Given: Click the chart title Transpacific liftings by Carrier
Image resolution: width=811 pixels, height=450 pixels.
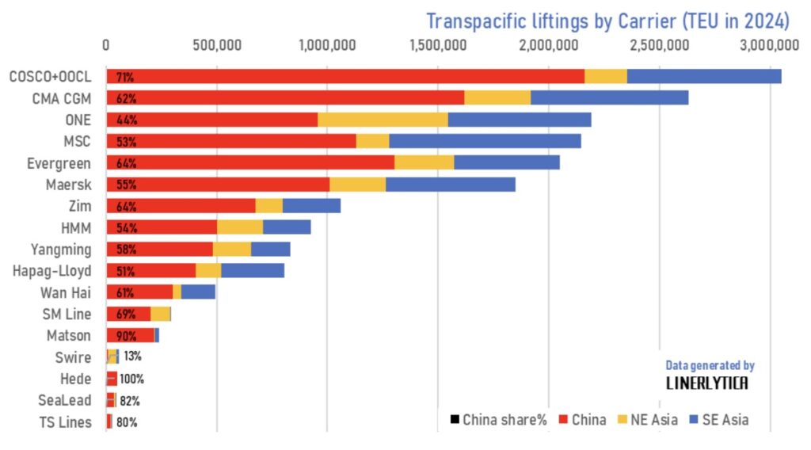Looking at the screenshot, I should coord(607,20).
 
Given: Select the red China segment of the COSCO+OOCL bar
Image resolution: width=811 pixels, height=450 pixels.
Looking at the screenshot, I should coord(348,77).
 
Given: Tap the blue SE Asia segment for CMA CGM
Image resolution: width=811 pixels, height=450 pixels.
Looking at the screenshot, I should coord(609,98).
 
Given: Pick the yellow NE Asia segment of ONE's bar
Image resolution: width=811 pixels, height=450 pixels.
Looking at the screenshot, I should coord(383,120).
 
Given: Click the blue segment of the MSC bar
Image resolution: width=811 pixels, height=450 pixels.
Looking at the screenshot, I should coord(485,141).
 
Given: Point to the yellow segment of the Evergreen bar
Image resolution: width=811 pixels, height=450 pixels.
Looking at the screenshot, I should coord(424,163).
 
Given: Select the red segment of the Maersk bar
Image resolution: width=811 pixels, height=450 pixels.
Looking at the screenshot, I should coord(222,185).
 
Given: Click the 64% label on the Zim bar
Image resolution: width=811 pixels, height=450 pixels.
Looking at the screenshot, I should coord(126,206).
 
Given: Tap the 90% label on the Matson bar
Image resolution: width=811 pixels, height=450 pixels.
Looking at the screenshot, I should coord(126,336).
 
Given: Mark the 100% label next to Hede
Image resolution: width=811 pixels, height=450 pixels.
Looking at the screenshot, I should coord(132,379).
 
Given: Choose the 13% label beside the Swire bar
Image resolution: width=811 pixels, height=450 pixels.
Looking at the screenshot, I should coord(132,357).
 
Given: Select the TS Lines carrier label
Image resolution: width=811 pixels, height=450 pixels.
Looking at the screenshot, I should coord(66,421).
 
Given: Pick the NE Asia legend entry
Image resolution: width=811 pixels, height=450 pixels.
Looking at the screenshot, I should coord(647,420).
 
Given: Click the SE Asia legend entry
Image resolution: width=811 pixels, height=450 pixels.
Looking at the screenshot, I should coord(718,420).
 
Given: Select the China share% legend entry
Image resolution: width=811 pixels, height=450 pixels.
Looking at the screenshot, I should coord(499,420).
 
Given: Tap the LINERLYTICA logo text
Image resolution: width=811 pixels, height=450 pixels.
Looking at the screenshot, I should coord(706,383).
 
